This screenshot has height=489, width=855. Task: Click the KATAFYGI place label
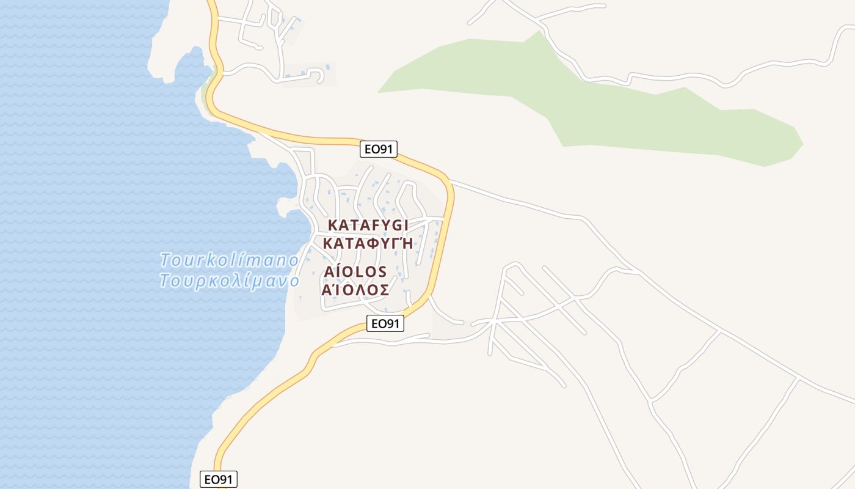point(368,224)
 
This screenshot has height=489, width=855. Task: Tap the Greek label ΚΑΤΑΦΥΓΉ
point(368,243)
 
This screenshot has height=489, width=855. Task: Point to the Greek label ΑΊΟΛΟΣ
point(355,290)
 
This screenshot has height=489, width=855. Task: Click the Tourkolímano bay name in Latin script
point(229,260)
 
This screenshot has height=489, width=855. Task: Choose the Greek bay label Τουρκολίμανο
point(229,281)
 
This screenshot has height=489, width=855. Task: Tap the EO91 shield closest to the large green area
point(378,149)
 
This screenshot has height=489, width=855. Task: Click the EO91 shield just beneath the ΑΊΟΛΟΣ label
point(385,323)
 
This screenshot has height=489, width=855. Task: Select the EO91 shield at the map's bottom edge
point(219,479)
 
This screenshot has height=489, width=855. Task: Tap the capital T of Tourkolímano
point(166,260)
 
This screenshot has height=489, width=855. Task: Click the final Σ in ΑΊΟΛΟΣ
point(384,290)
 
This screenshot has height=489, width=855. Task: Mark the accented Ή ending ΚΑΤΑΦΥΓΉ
point(407,243)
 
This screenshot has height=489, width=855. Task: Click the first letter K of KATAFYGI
point(333,224)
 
